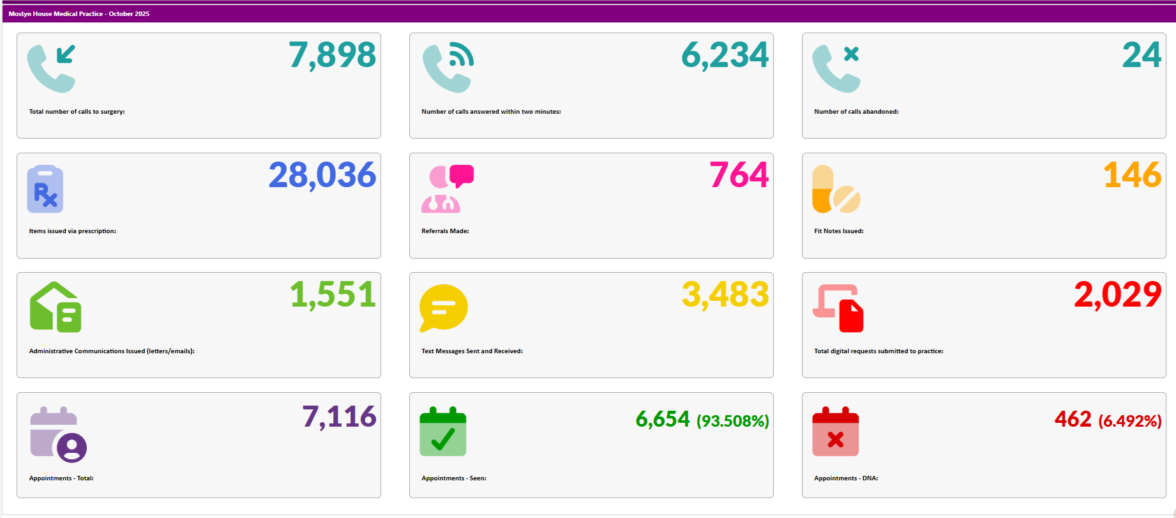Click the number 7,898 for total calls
tap(332, 55)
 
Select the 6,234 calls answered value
tap(725, 55)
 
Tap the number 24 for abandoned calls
tap(1142, 55)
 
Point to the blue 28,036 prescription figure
tap(322, 175)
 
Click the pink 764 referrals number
tap(739, 175)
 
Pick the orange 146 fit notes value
tap(1132, 175)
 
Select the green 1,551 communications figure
tap(333, 294)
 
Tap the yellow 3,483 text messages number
tap(725, 294)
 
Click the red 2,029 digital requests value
tap(1117, 294)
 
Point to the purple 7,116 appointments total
tap(339, 417)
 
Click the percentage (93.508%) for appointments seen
tap(732, 421)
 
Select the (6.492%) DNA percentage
tap(1129, 421)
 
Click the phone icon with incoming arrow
tap(52, 68)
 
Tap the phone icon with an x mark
tap(836, 68)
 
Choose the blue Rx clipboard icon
tap(45, 189)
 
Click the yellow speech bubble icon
tap(443, 308)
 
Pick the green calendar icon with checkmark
tap(442, 431)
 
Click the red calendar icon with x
tap(835, 431)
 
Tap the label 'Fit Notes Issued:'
tap(838, 231)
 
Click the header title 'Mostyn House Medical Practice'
tap(56, 13)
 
